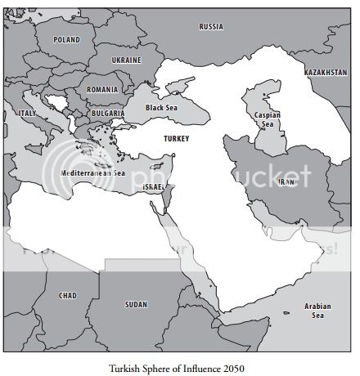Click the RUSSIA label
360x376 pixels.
pyautogui.click(x=211, y=27)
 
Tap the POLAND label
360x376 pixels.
pyautogui.click(x=67, y=39)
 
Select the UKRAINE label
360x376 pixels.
pyautogui.click(x=126, y=60)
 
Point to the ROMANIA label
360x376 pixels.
pyautogui.click(x=102, y=89)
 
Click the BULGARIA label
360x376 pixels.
pyautogui.click(x=108, y=113)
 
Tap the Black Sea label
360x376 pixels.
pyautogui.click(x=161, y=107)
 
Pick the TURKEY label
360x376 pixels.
pyautogui.click(x=176, y=139)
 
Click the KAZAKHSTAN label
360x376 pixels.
pyautogui.click(x=325, y=73)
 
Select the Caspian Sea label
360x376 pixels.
pyautogui.click(x=268, y=120)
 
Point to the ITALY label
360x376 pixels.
pyautogui.click(x=27, y=113)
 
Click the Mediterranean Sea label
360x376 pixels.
pyautogui.click(x=93, y=173)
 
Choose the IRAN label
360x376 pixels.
pyautogui.click(x=286, y=181)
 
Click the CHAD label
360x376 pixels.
pyautogui.click(x=67, y=295)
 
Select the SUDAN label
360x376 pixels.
pyautogui.click(x=136, y=304)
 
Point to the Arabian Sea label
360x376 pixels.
pyautogui.click(x=318, y=311)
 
